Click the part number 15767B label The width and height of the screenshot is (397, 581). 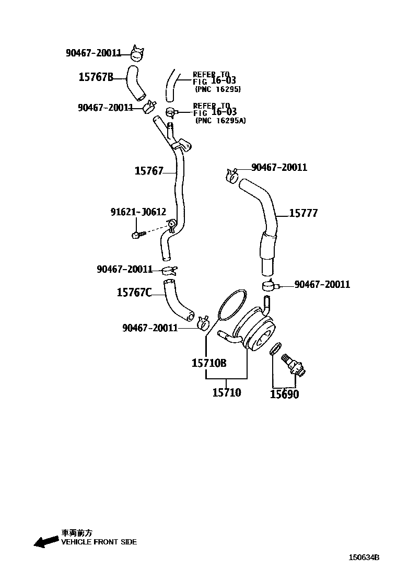[x=96, y=77]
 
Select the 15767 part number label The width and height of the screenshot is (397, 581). [x=149, y=170]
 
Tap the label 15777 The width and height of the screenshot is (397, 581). [x=303, y=213]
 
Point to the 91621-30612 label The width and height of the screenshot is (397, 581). [x=138, y=212]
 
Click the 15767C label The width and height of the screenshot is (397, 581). [x=134, y=293]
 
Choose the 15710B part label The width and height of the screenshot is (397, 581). [x=208, y=363]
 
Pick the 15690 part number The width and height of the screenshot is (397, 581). [x=284, y=394]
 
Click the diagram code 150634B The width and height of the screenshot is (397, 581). [x=364, y=557]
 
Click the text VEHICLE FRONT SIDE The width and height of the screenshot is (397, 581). [x=99, y=542]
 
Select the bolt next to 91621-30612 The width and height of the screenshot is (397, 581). [x=137, y=235]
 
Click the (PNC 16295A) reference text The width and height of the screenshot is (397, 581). [x=220, y=121]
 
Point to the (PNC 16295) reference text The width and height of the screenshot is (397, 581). [x=217, y=89]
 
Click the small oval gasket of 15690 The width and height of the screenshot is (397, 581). [x=276, y=348]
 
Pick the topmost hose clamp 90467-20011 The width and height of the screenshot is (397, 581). [x=137, y=52]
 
